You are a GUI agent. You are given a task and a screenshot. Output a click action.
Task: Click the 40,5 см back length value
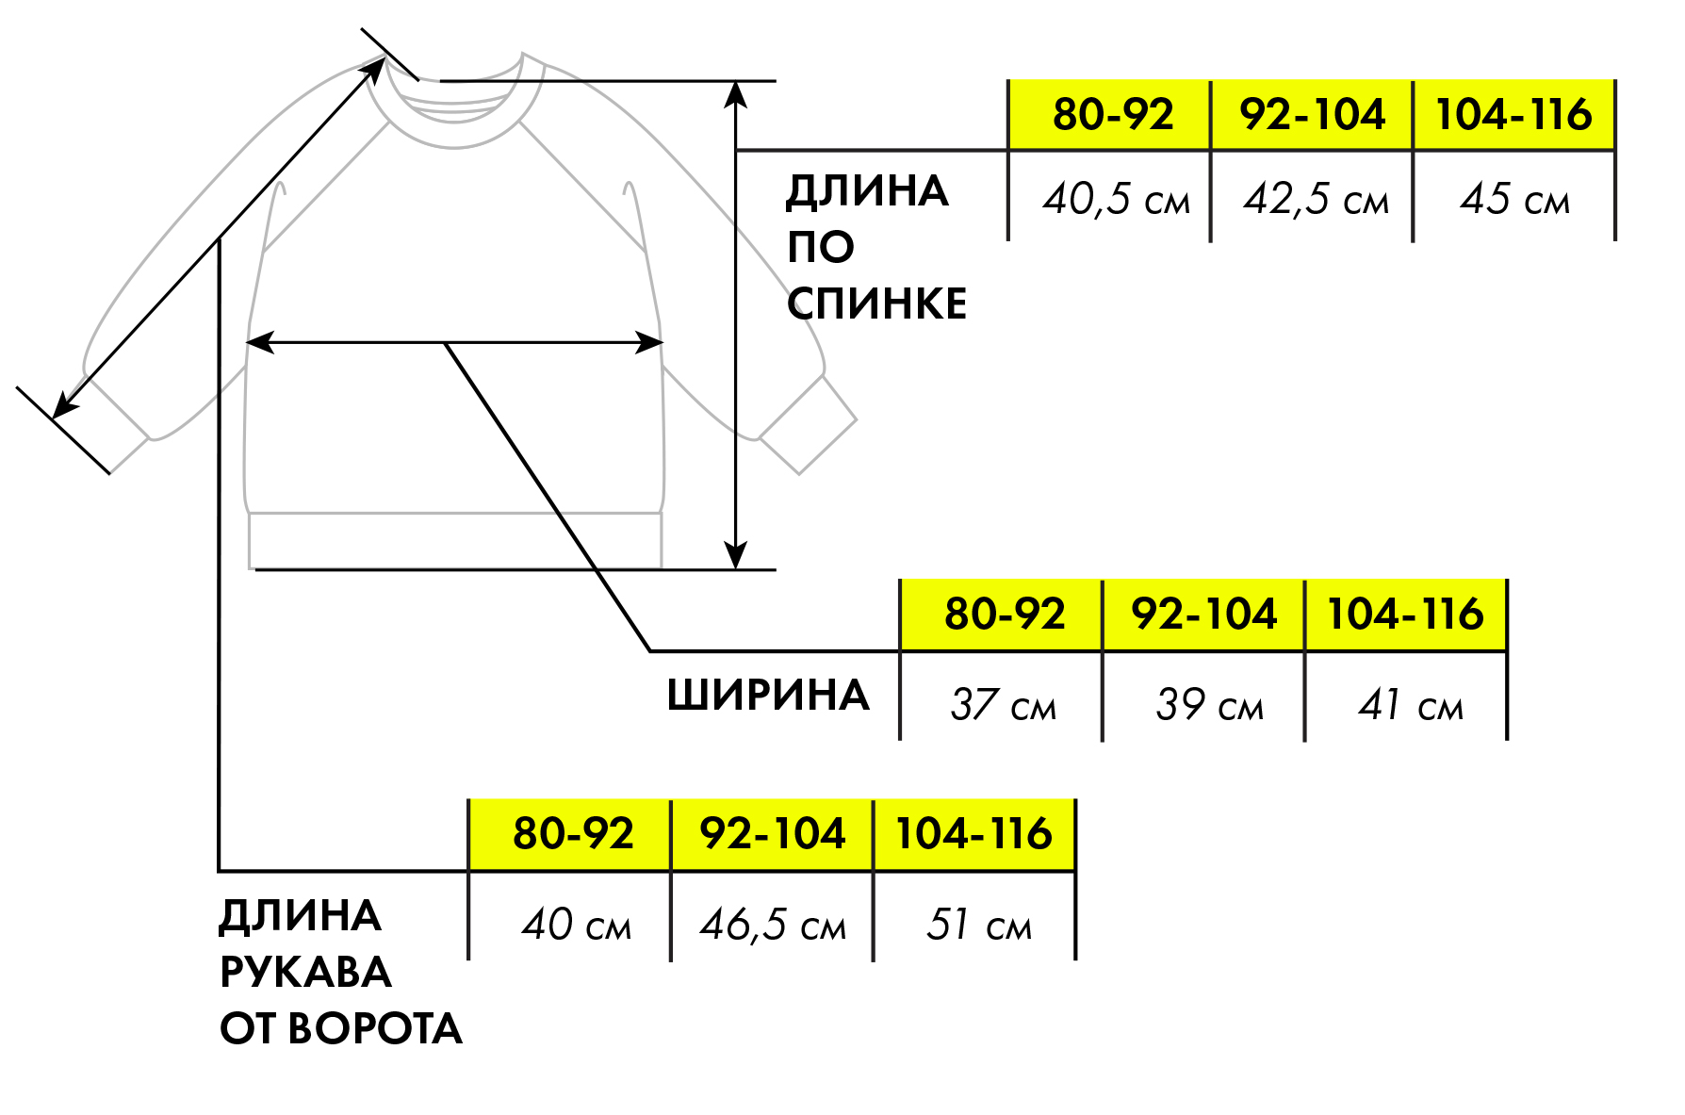(x=1116, y=200)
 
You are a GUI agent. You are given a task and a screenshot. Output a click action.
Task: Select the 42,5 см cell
(x=1317, y=200)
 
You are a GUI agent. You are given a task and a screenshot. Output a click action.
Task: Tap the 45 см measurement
(x=1515, y=200)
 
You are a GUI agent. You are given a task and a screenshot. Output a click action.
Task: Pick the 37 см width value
(x=1004, y=705)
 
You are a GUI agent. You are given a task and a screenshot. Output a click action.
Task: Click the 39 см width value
(x=1209, y=705)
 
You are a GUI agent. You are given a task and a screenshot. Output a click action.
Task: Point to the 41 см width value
(x=1411, y=705)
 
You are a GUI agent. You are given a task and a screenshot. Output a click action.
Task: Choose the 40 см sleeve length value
(x=577, y=925)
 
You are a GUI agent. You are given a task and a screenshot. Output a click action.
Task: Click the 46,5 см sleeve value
(x=773, y=925)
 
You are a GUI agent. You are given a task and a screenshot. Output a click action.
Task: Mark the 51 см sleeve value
(x=979, y=925)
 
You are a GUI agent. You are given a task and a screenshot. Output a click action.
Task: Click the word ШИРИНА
(x=768, y=696)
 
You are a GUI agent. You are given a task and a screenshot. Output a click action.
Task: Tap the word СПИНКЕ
(x=876, y=304)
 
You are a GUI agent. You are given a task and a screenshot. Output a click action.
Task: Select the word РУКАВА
(x=305, y=973)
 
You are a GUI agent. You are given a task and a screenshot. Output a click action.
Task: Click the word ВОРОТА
(x=375, y=1029)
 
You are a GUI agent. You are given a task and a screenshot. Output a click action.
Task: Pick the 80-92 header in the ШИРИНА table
(x=1005, y=614)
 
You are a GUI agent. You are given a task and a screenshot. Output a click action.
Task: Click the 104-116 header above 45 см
(x=1513, y=114)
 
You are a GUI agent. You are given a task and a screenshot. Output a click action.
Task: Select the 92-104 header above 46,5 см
(x=773, y=834)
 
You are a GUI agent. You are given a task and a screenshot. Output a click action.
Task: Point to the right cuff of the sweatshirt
(x=808, y=424)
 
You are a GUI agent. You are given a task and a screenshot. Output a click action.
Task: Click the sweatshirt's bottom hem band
(x=455, y=541)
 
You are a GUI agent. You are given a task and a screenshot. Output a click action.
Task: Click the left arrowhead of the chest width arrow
(x=259, y=342)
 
